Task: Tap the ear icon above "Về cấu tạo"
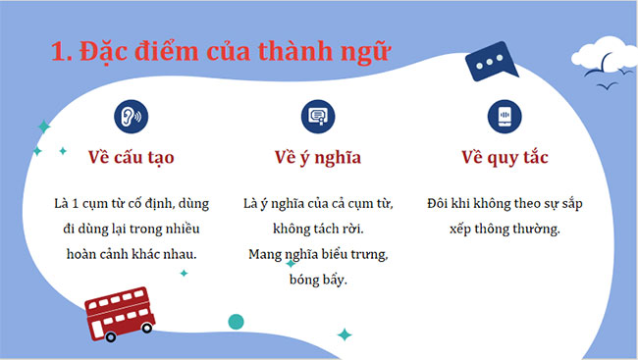click(x=131, y=115)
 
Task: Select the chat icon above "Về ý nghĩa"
click(x=318, y=115)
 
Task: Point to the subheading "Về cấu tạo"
click(x=131, y=156)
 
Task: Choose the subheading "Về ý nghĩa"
click(x=318, y=156)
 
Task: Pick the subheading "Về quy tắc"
click(x=505, y=156)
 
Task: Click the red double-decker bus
click(x=121, y=312)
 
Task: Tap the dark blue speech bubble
click(x=490, y=65)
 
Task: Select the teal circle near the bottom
click(x=236, y=321)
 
